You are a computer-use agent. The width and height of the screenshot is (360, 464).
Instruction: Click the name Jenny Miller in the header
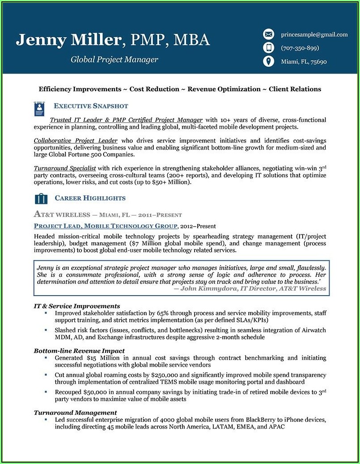click(x=69, y=40)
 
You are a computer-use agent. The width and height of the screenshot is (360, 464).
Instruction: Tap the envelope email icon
click(x=268, y=34)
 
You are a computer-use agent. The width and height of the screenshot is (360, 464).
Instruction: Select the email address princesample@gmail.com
click(x=314, y=34)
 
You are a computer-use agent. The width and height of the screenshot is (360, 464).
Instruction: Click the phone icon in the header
click(x=268, y=48)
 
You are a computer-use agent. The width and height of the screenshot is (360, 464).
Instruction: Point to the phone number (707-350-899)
click(x=300, y=48)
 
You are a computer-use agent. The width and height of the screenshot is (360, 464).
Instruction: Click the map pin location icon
click(x=268, y=61)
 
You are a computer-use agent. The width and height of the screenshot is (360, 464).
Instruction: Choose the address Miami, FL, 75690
click(x=304, y=62)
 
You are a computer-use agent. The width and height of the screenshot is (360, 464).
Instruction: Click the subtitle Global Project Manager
click(x=114, y=60)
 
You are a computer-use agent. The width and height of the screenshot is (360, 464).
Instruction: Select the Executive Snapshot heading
click(x=91, y=106)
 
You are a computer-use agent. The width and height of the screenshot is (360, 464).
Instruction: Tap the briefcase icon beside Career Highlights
click(x=41, y=198)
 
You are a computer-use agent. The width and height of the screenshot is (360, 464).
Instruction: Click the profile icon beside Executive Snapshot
click(x=40, y=108)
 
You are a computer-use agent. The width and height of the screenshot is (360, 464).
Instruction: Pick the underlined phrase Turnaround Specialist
click(x=65, y=168)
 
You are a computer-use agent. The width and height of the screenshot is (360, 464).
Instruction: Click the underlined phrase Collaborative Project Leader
click(x=75, y=140)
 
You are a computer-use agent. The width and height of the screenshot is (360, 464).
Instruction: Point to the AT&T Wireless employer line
click(x=108, y=215)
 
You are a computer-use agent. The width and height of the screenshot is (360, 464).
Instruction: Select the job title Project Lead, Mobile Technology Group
click(x=106, y=226)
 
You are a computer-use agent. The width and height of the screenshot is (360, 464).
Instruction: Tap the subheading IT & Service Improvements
click(x=77, y=306)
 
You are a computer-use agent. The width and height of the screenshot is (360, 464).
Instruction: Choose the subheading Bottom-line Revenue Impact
click(x=79, y=351)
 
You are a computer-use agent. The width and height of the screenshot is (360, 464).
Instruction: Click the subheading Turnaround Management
click(x=75, y=412)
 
